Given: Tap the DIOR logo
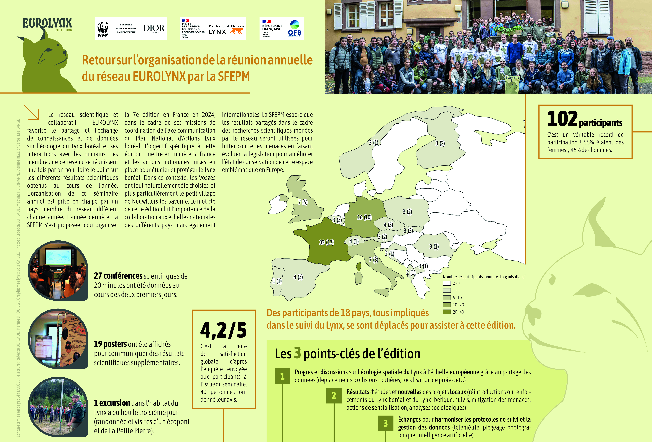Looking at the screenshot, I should (154, 28).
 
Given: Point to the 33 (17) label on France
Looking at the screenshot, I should (326, 242).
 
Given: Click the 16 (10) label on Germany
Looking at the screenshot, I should (364, 217).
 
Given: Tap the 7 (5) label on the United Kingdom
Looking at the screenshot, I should (303, 202).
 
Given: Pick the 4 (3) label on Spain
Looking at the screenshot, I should (298, 277).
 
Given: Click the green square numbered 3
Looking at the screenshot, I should (385, 423).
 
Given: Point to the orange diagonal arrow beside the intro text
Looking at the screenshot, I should (31, 112).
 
